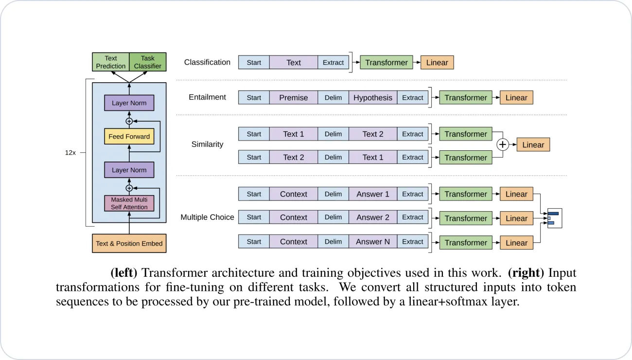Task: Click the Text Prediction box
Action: (x=111, y=62)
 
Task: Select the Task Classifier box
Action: (x=148, y=62)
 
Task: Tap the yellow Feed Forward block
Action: (x=129, y=137)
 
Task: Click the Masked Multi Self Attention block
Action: (x=129, y=203)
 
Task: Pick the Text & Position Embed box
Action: (x=129, y=243)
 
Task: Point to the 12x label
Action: (x=70, y=152)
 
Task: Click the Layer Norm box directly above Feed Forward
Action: (x=129, y=103)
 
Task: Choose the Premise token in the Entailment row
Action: (x=294, y=98)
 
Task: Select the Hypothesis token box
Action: (x=373, y=98)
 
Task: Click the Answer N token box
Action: (x=373, y=242)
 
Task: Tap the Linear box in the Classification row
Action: (x=437, y=62)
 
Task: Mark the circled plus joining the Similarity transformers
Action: (x=503, y=145)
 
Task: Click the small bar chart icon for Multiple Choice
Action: (x=554, y=218)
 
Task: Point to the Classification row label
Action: (x=207, y=62)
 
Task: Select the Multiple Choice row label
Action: (x=207, y=217)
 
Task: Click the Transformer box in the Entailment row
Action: (x=465, y=98)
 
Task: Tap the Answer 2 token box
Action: (x=373, y=217)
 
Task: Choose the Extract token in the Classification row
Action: (x=334, y=62)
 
